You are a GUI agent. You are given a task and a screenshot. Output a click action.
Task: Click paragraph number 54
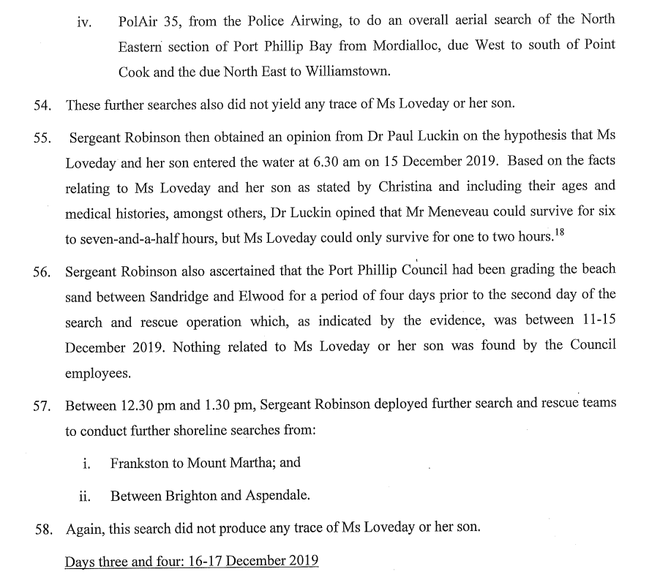(x=43, y=105)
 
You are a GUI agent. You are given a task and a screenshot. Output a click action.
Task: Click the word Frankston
(x=142, y=463)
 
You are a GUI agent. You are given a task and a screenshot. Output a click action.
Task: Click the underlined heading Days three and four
(x=191, y=562)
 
